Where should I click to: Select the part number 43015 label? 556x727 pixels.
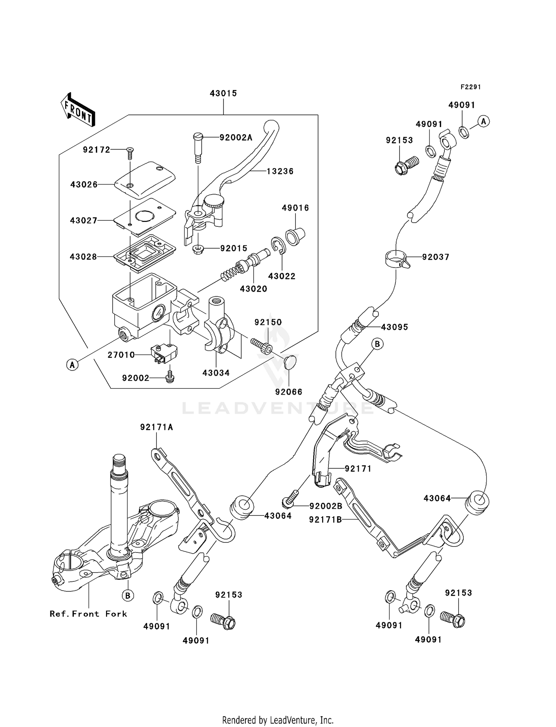point(223,93)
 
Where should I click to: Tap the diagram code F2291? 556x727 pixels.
point(470,87)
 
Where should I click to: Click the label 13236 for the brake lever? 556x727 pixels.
point(280,171)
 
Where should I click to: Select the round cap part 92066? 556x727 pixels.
point(290,362)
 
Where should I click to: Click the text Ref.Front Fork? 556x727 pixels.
point(88,614)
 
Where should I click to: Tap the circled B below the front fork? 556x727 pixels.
point(128,595)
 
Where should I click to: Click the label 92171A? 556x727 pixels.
point(156,427)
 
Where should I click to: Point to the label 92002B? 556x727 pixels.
point(326,506)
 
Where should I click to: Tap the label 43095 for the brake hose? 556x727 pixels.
point(394,327)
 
